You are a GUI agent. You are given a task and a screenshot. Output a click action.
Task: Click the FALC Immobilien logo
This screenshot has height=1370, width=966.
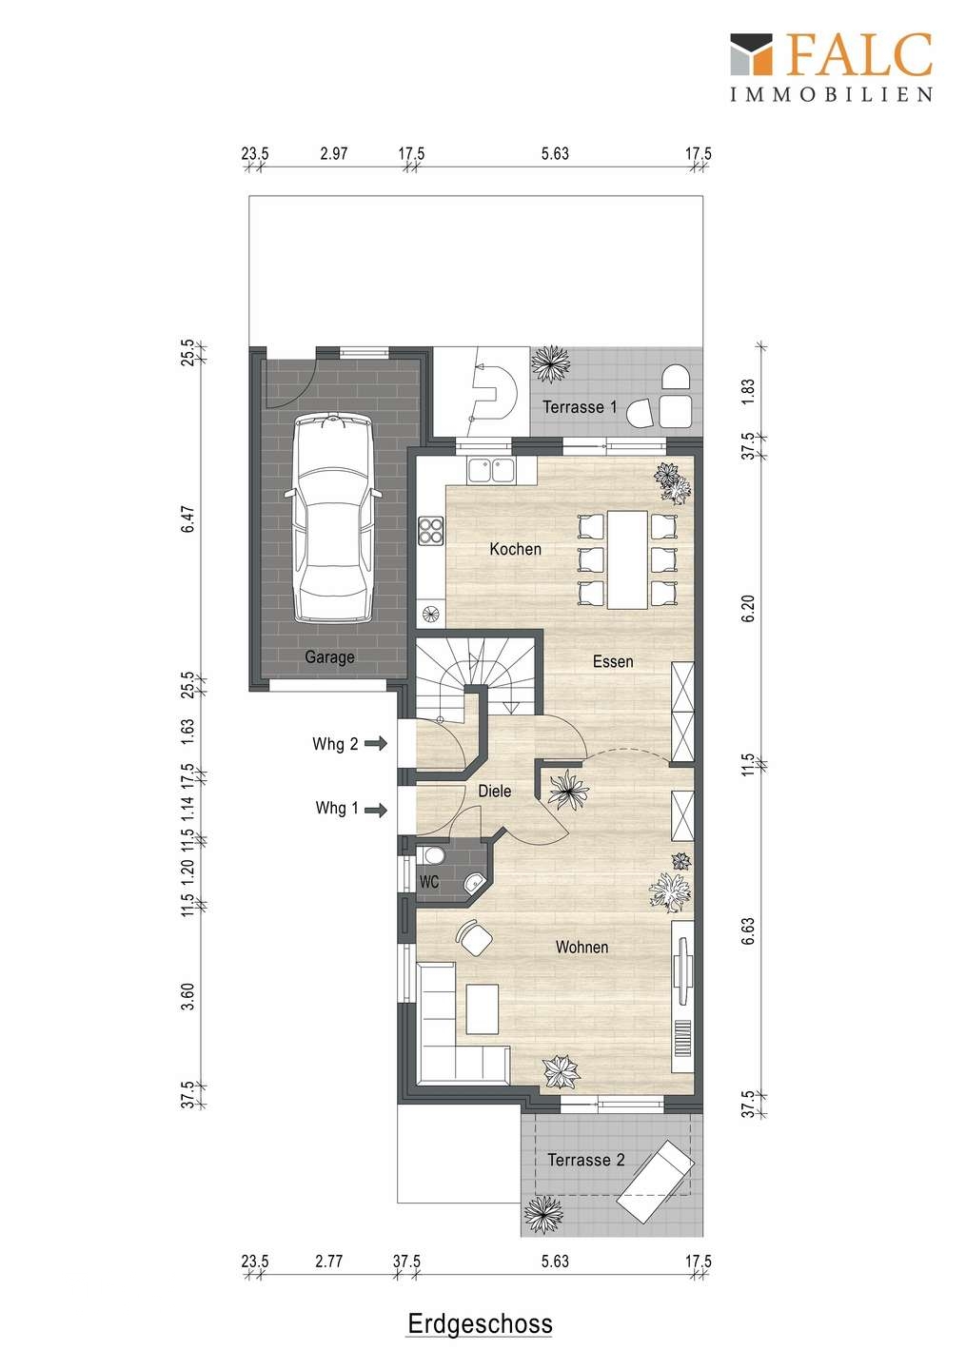[832, 67]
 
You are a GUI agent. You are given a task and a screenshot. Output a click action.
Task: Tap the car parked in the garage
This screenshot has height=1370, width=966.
[333, 518]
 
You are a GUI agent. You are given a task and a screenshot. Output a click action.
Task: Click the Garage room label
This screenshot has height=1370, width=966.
[329, 657]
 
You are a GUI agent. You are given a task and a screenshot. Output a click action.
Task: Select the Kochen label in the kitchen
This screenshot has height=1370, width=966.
[515, 549]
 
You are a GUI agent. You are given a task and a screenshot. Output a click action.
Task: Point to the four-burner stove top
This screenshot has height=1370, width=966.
[431, 530]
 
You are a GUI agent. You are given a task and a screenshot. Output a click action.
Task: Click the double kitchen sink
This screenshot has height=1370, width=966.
[491, 470]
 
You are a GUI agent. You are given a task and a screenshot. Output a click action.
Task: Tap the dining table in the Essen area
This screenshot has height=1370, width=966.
[627, 559]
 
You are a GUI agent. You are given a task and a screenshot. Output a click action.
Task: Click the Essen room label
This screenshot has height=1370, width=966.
[613, 661]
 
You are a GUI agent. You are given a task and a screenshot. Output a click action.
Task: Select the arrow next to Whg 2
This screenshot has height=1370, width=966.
[376, 744]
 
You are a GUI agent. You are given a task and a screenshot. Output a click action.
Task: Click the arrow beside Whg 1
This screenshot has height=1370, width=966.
[376, 811]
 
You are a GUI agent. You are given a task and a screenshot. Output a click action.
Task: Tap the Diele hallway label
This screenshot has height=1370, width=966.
[494, 791]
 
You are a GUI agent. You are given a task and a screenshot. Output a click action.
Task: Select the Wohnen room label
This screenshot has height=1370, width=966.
[582, 947]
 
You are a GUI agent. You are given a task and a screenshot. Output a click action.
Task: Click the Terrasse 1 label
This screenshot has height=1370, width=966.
[580, 407]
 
